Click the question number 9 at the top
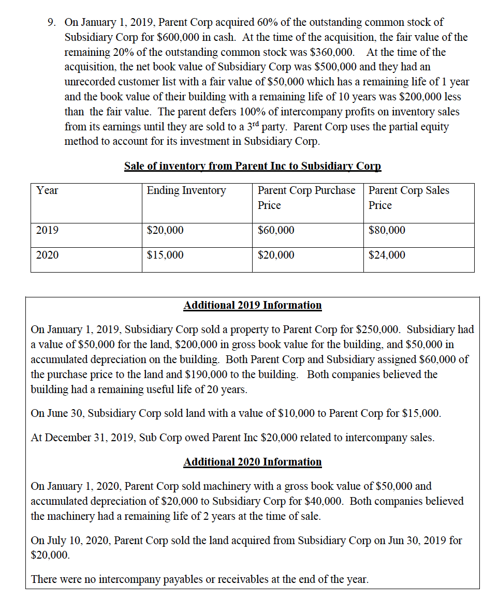point(51,22)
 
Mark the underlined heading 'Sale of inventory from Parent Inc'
point(253,166)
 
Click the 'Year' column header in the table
point(47,190)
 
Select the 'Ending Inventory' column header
point(186,190)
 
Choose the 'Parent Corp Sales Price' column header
point(408,197)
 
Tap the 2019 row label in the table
point(47,230)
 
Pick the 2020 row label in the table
point(47,255)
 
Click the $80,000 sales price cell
point(387,230)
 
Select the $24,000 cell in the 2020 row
point(387,255)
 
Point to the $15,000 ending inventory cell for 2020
point(165,255)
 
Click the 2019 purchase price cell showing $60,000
point(276,230)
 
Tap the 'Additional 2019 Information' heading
point(253,305)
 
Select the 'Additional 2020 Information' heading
point(253,462)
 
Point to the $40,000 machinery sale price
point(325,501)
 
